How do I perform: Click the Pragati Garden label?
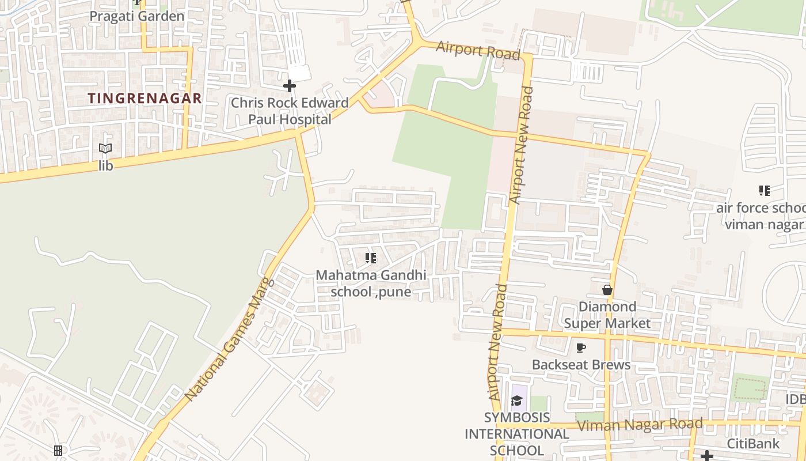(137, 16)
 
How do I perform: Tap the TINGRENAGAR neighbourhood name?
(145, 99)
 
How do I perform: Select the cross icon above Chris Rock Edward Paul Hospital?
(290, 86)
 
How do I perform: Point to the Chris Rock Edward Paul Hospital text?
(290, 111)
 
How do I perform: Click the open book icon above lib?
(105, 149)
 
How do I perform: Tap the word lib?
(105, 166)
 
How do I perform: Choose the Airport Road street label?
(478, 50)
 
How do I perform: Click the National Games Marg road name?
(227, 340)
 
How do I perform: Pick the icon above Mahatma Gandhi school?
(371, 258)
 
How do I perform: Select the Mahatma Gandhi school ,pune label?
(371, 284)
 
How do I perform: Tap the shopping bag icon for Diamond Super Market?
(607, 290)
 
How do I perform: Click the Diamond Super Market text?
(607, 315)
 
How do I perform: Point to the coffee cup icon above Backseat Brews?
(581, 348)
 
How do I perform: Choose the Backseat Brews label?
(581, 365)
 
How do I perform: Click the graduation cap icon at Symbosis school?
(516, 400)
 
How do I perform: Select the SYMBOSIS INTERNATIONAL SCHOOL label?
(516, 434)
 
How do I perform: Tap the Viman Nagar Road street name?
(640, 425)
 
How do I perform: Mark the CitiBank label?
(753, 444)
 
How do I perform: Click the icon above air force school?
(765, 191)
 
